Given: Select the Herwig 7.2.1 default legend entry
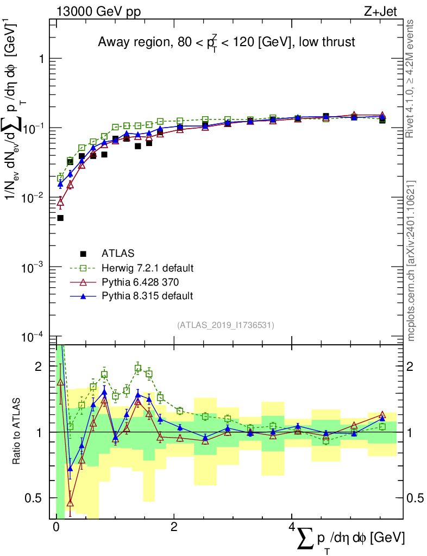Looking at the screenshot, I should [147, 268].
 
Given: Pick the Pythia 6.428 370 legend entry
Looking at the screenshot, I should [140, 282].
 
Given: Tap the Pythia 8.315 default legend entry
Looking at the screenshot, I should [147, 296].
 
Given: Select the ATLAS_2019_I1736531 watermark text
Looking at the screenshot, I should [225, 325].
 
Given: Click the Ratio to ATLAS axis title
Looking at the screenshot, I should [18, 432].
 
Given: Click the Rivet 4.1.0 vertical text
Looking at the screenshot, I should [411, 78].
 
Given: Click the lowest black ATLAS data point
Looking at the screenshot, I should [60, 218].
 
